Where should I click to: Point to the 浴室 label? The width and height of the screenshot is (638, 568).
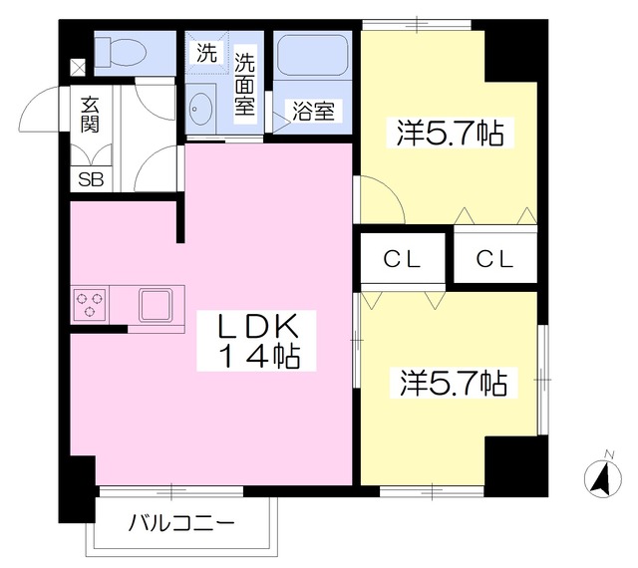pos(312,111)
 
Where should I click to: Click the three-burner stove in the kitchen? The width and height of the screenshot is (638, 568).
pos(90,303)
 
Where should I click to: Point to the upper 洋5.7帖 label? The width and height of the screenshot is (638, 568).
pos(449,134)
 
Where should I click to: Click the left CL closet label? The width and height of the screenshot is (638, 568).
pos(404,259)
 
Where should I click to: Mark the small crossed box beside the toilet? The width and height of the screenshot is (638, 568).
pos(77,67)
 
